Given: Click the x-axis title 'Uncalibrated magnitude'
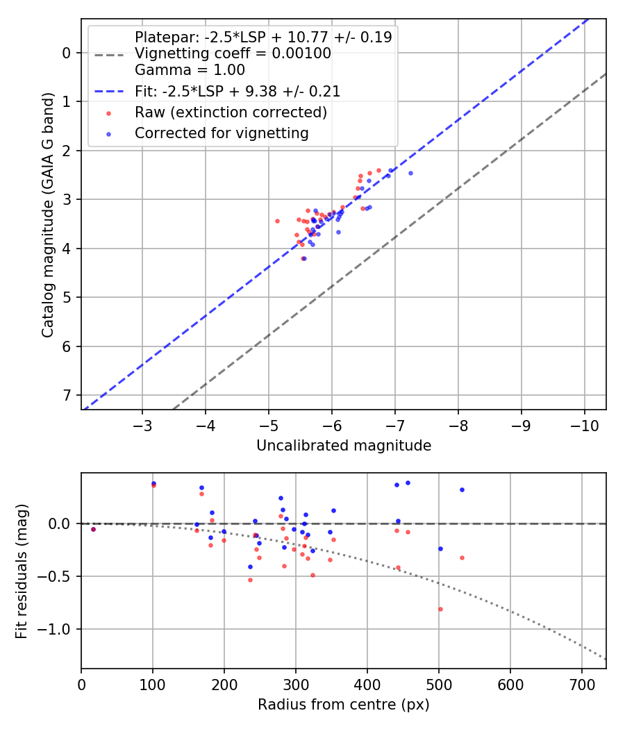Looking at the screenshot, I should (x=344, y=446).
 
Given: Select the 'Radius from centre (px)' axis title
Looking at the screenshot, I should (x=344, y=705).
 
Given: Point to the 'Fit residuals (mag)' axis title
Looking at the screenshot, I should (x=22, y=571).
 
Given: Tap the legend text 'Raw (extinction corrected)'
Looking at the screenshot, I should (x=231, y=112).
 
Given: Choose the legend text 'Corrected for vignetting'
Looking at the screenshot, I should (x=222, y=133).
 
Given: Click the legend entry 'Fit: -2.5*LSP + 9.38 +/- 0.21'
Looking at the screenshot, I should (x=237, y=91).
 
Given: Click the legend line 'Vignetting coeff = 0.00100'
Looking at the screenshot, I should (x=233, y=53).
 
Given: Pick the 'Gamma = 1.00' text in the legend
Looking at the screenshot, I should (x=190, y=70).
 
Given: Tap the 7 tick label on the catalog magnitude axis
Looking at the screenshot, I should (x=67, y=395).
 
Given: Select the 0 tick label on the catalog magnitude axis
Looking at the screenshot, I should (x=67, y=53).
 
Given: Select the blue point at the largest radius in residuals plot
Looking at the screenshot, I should (x=462, y=489).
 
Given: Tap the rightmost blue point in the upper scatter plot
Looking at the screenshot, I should (x=410, y=173).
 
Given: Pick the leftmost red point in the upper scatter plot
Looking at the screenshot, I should (x=277, y=221).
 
